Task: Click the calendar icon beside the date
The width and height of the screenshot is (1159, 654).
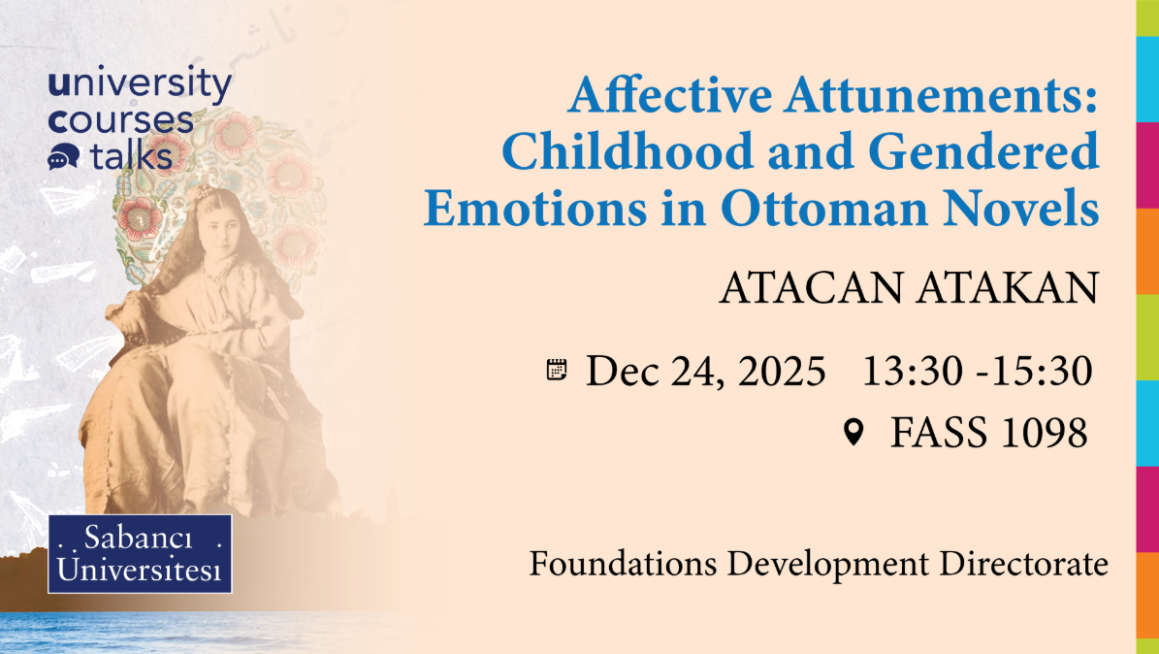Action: coord(557,369)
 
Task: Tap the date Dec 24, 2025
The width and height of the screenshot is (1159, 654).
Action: coord(706,370)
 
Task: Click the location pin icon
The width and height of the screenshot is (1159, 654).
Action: coord(853,433)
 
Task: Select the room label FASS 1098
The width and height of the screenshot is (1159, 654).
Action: coord(988,433)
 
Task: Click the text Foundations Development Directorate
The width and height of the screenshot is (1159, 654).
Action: coord(818,564)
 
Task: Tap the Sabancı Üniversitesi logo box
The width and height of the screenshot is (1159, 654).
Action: coord(141,554)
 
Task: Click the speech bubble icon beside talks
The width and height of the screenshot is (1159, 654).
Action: coord(63,156)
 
